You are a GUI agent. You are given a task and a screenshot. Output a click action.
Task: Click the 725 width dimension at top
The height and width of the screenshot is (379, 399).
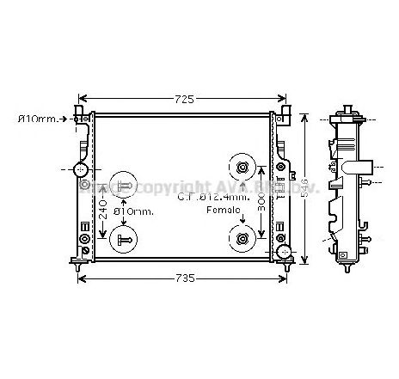[x=183, y=98]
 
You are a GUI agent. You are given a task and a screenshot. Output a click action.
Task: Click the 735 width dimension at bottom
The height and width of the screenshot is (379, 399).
[x=183, y=278]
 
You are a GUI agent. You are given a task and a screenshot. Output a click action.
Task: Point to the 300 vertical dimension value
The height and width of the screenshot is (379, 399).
[x=260, y=205]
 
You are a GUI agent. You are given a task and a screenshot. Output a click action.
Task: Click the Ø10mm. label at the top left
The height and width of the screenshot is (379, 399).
[x=40, y=119]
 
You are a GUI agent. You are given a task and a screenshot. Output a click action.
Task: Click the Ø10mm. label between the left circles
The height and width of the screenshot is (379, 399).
[x=134, y=211]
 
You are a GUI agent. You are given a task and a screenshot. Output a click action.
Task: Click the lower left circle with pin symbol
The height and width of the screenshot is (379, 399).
[x=124, y=239]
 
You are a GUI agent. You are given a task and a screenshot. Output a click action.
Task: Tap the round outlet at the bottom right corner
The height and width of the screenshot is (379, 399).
[x=282, y=252]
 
